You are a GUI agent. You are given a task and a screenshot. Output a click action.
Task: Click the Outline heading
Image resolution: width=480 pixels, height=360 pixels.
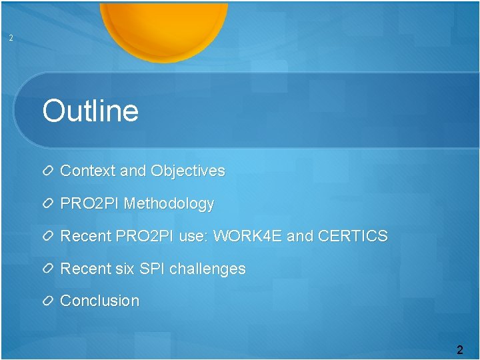(90, 111)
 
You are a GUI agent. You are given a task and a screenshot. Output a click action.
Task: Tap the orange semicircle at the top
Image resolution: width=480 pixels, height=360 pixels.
(163, 27)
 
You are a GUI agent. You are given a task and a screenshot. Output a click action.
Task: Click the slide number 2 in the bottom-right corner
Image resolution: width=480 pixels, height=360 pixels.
(459, 349)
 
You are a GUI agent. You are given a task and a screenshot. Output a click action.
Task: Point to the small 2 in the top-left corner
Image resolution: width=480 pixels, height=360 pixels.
(11, 38)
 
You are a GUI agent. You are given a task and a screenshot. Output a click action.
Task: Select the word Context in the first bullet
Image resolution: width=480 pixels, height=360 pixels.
(87, 171)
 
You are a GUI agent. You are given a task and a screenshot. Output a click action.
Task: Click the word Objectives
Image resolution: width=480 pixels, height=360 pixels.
(188, 171)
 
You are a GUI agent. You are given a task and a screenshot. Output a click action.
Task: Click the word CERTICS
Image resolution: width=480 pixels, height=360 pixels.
(353, 236)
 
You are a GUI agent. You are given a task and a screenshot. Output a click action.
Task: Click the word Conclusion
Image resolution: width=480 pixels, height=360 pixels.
(100, 301)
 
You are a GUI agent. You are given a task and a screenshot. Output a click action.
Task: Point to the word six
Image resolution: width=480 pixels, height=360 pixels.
(124, 269)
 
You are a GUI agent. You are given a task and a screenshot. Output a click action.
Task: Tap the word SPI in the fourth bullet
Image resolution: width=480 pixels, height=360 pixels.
(152, 269)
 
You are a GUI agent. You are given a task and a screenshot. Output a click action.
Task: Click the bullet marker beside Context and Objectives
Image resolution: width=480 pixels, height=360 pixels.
(48, 171)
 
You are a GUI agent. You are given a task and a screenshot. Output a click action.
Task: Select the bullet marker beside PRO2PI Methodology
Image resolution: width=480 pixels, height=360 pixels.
(48, 204)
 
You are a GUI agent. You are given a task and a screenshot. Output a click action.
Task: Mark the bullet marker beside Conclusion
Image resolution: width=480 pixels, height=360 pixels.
(48, 301)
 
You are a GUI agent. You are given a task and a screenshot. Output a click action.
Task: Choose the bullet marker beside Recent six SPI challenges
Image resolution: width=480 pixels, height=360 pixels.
(48, 269)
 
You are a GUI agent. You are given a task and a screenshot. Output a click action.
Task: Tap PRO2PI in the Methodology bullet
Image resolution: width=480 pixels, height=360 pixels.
(90, 203)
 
